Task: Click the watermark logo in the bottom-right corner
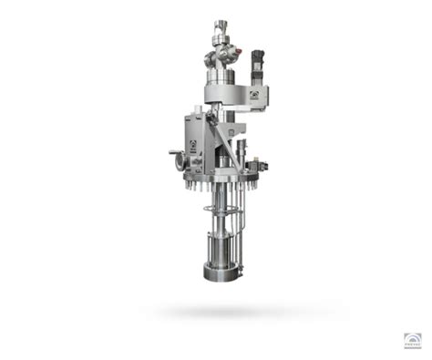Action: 412,341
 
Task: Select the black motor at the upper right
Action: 259,67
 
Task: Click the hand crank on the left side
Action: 173,155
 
